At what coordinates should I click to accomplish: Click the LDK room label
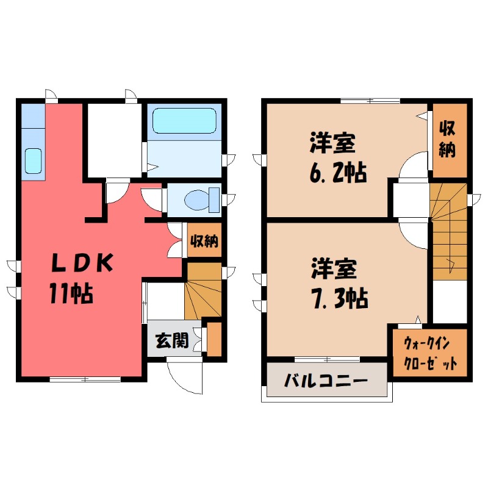click(x=81, y=264)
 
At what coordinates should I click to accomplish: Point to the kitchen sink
click(x=34, y=160)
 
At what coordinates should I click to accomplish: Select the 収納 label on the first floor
click(x=203, y=241)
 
